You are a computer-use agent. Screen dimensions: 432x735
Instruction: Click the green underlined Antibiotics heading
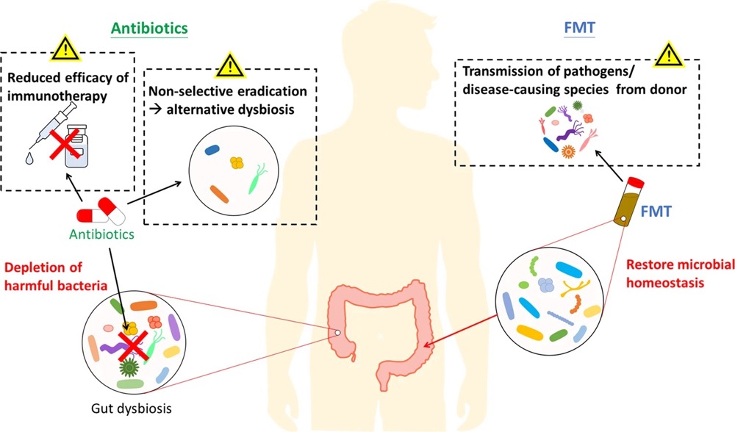pos(149,28)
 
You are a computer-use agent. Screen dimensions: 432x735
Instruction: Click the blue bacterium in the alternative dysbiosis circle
pos(214,148)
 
